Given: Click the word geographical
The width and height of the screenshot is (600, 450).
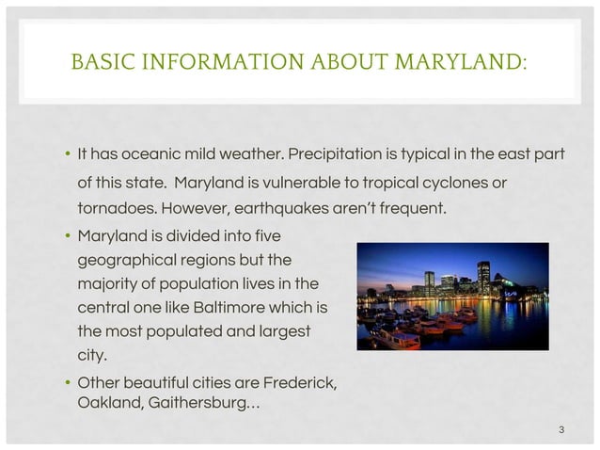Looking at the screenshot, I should coord(123,258).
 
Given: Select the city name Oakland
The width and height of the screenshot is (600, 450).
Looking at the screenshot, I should coord(108,403).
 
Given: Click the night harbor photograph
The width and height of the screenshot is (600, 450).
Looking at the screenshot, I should coord(453,296).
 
